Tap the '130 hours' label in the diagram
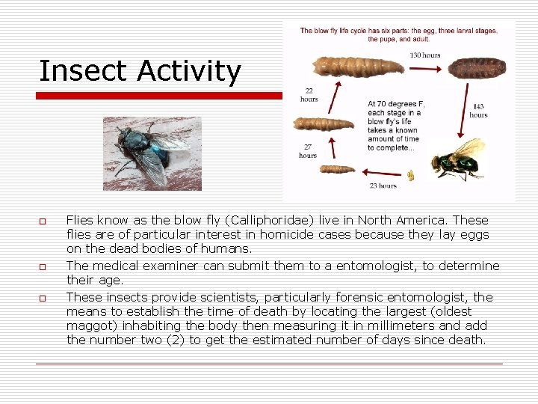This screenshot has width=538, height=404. [x=424, y=55]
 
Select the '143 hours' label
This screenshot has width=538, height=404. [x=478, y=111]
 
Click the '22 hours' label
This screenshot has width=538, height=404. [x=309, y=95]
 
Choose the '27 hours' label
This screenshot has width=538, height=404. [x=308, y=151]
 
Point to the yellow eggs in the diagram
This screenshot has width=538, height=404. [x=410, y=175]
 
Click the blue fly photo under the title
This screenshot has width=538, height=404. [x=152, y=153]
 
